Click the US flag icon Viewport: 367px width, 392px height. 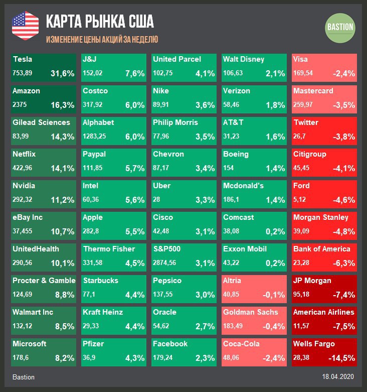tap(25, 25)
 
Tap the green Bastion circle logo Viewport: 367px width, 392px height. tap(340, 27)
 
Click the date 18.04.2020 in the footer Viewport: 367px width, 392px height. tap(338, 376)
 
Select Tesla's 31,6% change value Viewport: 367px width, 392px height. tap(63, 73)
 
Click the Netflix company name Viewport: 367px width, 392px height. tap(24, 154)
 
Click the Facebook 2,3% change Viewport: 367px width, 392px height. tap(205, 358)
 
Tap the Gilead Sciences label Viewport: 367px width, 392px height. tap(41, 122)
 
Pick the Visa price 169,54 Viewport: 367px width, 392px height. tap(303, 73)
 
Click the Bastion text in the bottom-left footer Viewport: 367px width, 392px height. tap(24, 376)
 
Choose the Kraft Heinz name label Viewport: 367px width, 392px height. tap(103, 312)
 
